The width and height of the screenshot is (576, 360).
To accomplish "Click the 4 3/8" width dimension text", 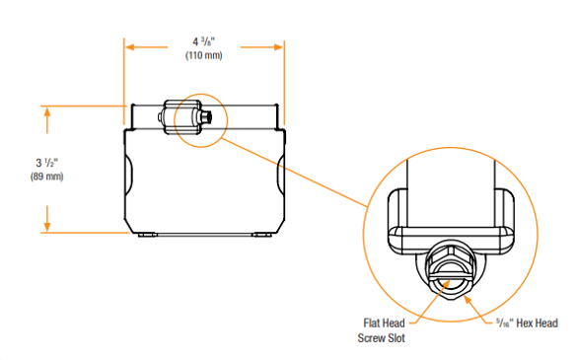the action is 203,41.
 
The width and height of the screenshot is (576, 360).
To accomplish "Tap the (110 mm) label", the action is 204,55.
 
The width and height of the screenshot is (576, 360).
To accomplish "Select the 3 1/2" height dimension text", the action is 47,163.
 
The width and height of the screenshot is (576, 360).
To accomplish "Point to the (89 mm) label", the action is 47,177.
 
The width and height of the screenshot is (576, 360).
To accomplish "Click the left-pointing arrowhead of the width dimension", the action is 129,47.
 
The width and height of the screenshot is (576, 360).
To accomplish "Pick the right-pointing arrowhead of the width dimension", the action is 279,47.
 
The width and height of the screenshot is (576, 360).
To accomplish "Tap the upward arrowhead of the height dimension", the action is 47,111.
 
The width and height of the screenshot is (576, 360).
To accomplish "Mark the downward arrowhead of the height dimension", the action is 47,226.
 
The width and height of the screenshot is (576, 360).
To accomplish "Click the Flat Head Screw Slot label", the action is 382,330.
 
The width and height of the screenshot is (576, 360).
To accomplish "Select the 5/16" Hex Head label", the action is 527,324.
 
